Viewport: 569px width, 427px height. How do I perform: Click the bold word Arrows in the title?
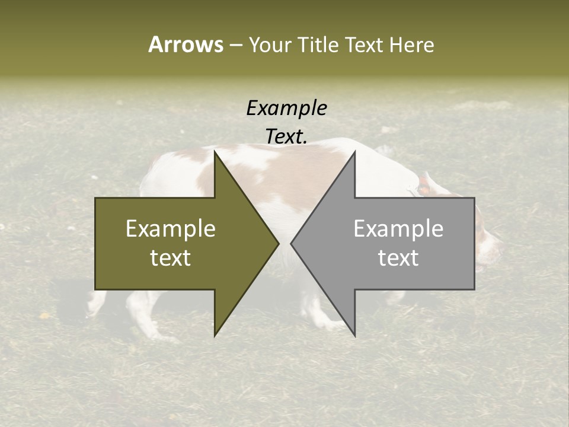pyautogui.click(x=186, y=44)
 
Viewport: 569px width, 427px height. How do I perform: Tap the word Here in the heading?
pyautogui.click(x=411, y=44)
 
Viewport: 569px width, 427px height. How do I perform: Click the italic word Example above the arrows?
pyautogui.click(x=287, y=109)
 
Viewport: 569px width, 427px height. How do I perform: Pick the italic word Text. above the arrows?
pyautogui.click(x=287, y=137)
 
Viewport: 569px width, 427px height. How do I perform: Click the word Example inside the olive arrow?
pyautogui.click(x=171, y=229)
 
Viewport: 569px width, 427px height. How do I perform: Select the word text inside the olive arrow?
pyautogui.click(x=171, y=258)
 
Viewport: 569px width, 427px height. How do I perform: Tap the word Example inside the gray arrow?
pyautogui.click(x=398, y=229)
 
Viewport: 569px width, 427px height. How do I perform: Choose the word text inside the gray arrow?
pyautogui.click(x=398, y=258)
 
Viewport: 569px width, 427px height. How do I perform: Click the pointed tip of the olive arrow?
pyautogui.click(x=278, y=243)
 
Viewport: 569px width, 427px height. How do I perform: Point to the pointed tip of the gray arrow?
pyautogui.click(x=292, y=243)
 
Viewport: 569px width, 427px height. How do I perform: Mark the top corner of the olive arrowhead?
pyautogui.click(x=215, y=152)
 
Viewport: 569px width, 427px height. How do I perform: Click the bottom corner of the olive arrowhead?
pyautogui.click(x=215, y=335)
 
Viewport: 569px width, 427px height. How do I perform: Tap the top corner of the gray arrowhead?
pyautogui.click(x=354, y=152)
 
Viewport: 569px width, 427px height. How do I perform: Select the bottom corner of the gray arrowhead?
pyautogui.click(x=354, y=335)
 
